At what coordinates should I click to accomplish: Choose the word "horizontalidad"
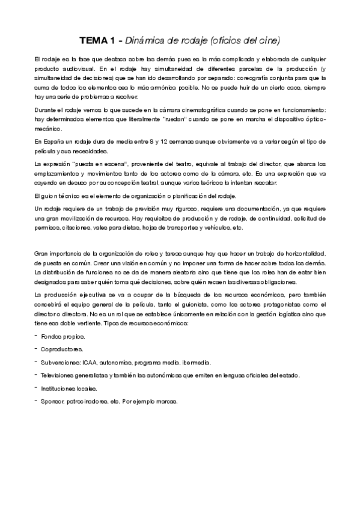point(304,254)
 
